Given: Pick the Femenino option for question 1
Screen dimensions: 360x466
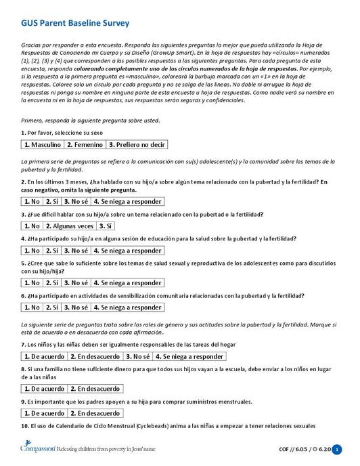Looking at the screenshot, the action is [85, 145].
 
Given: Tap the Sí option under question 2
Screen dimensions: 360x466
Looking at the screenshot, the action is [53, 202].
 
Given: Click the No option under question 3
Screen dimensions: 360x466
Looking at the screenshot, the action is [32, 226].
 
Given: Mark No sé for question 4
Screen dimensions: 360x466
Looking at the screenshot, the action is [76, 251].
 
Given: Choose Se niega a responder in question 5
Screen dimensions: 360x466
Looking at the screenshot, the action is [127, 283].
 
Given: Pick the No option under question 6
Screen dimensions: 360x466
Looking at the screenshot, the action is [32, 308].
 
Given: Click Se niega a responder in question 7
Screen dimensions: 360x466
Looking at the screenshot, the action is [189, 356].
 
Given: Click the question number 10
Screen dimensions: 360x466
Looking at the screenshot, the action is [24, 426].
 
